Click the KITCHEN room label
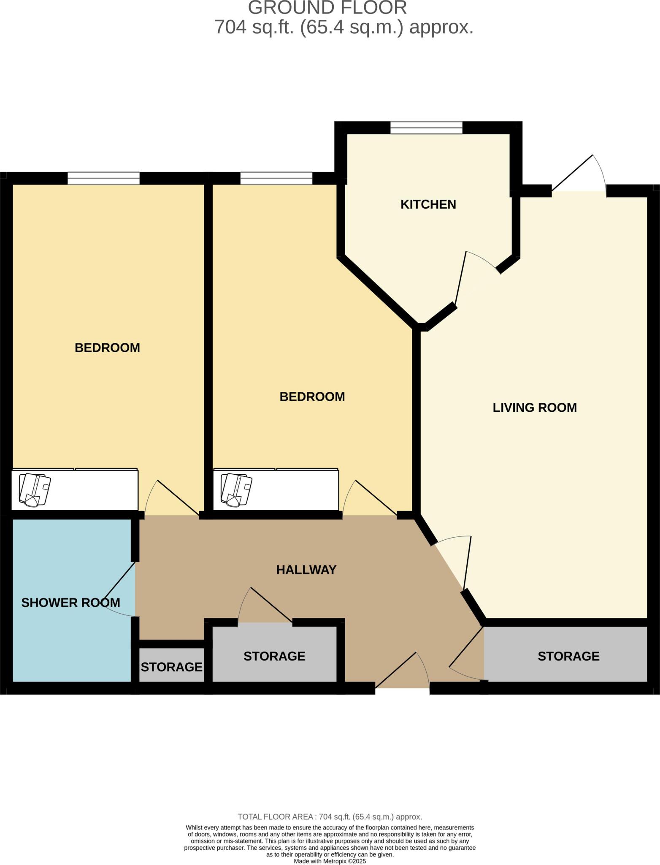pos(428,204)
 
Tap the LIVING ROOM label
pos(534,408)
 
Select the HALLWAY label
pos(306,570)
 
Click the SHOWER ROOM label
pos(70,603)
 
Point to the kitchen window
pos(426,128)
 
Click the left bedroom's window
pos(103,178)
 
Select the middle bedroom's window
pos(276,178)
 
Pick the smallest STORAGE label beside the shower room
pos(171,667)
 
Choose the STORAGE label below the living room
pos(568,656)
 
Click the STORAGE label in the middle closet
pos(274,656)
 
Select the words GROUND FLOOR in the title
pos(327,8)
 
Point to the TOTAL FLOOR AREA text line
pos(330,817)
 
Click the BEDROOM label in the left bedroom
pos(107,348)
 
